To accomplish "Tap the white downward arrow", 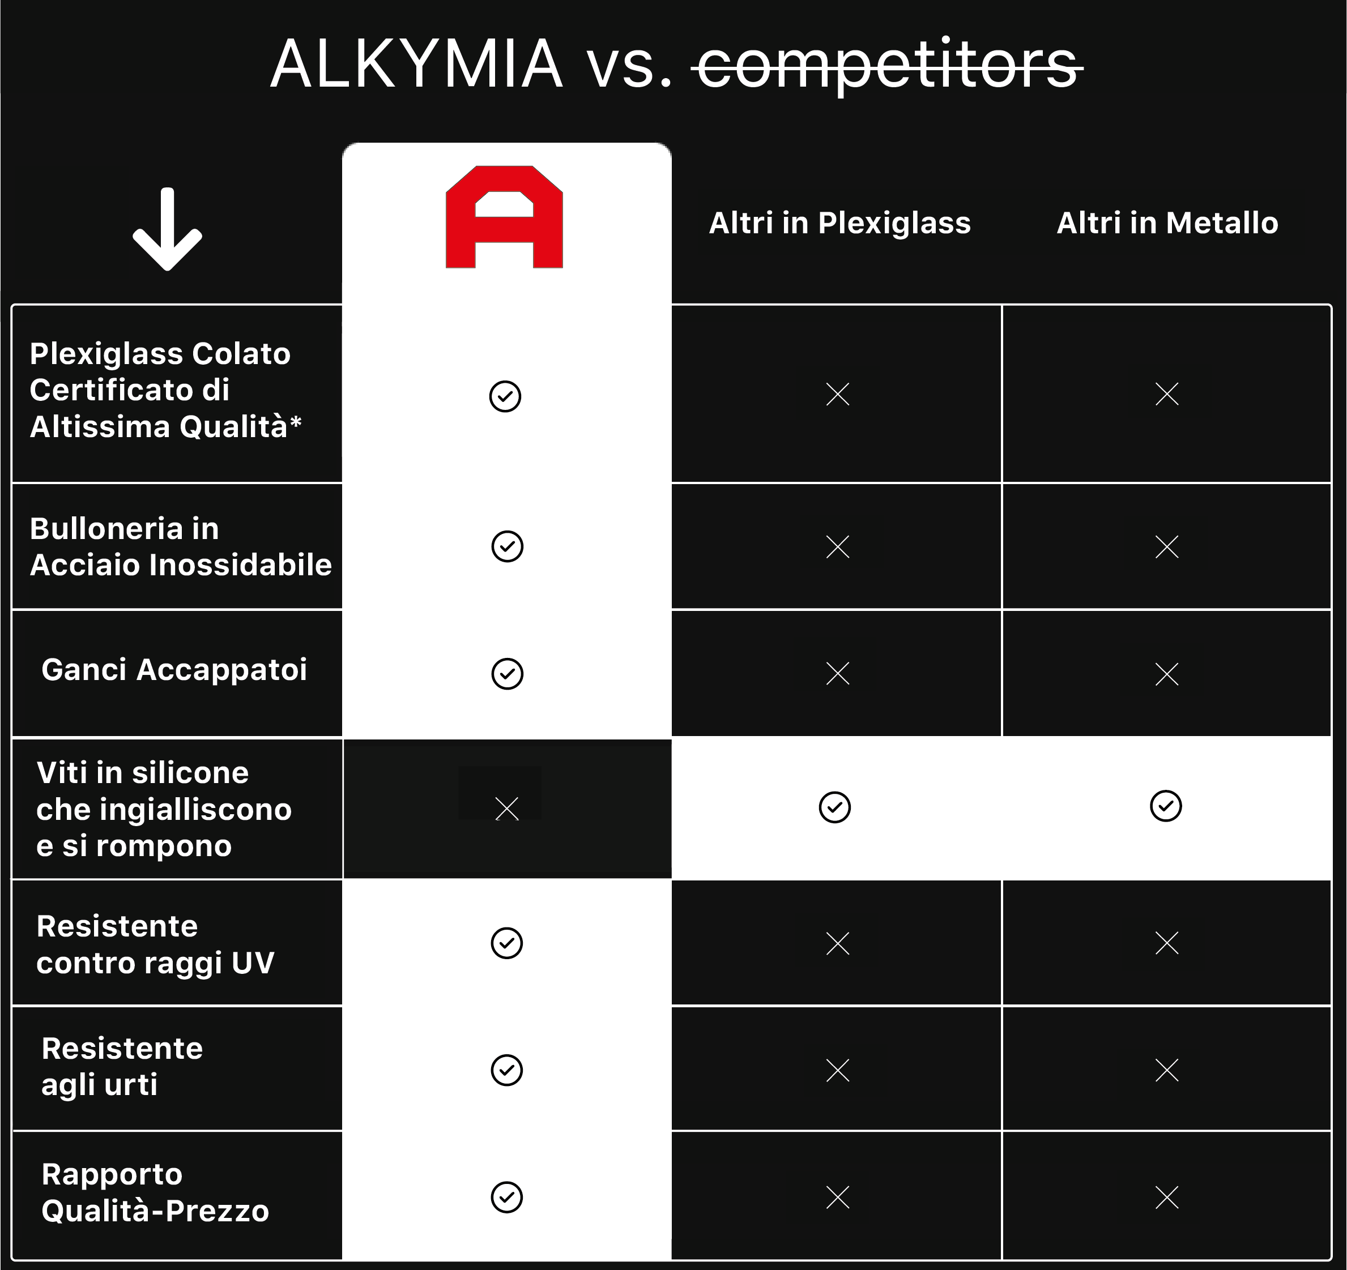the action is click(x=167, y=229).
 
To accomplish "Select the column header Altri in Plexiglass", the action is click(x=839, y=224).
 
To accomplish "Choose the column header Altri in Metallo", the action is click(x=1167, y=223).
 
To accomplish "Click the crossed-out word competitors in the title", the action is click(x=888, y=65).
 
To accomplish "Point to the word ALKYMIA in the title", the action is click(x=417, y=65).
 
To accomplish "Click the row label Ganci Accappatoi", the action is click(x=174, y=670).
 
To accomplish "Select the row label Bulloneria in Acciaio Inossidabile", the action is click(x=181, y=546).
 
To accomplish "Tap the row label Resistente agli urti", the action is click(x=122, y=1066).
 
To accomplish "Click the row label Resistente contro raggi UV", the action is click(x=155, y=944).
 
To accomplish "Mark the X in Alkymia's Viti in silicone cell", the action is click(x=507, y=809).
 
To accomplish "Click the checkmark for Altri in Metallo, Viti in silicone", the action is click(x=1165, y=806).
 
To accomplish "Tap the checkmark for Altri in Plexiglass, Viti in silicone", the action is click(x=835, y=807).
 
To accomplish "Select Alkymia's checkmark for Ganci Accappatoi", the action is click(x=507, y=674).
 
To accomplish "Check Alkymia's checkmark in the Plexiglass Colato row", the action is click(x=505, y=396).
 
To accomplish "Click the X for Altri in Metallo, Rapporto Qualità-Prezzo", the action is click(x=1167, y=1198).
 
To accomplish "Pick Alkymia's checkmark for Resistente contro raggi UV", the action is click(x=507, y=943).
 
